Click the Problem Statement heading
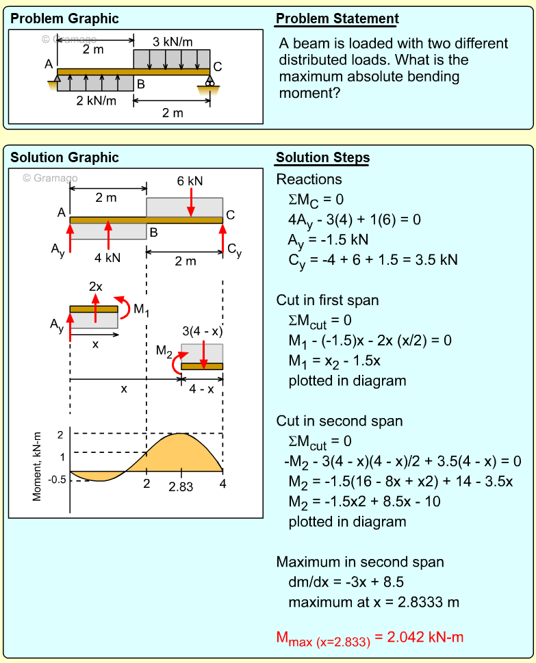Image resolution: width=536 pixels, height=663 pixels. [x=336, y=18]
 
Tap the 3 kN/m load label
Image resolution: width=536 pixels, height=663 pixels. [x=173, y=42]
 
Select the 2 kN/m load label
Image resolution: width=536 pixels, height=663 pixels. [x=96, y=101]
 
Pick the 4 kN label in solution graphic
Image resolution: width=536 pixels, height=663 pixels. [x=107, y=258]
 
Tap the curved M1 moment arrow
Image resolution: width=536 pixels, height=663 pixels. [x=123, y=304]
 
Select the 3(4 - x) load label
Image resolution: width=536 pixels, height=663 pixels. [x=202, y=331]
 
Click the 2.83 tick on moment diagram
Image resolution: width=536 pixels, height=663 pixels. [x=181, y=486]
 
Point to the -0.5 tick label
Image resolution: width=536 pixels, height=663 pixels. [x=58, y=479]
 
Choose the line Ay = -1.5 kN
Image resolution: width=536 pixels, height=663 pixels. [x=328, y=240]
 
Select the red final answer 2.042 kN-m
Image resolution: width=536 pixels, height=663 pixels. [x=370, y=638]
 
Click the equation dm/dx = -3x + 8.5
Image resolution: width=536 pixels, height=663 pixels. [x=346, y=582]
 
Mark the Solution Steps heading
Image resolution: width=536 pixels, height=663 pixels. [x=322, y=158]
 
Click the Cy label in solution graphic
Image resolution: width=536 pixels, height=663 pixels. [x=234, y=252]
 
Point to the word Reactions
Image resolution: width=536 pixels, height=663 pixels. [x=309, y=179]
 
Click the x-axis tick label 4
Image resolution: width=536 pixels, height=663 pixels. [x=222, y=484]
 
